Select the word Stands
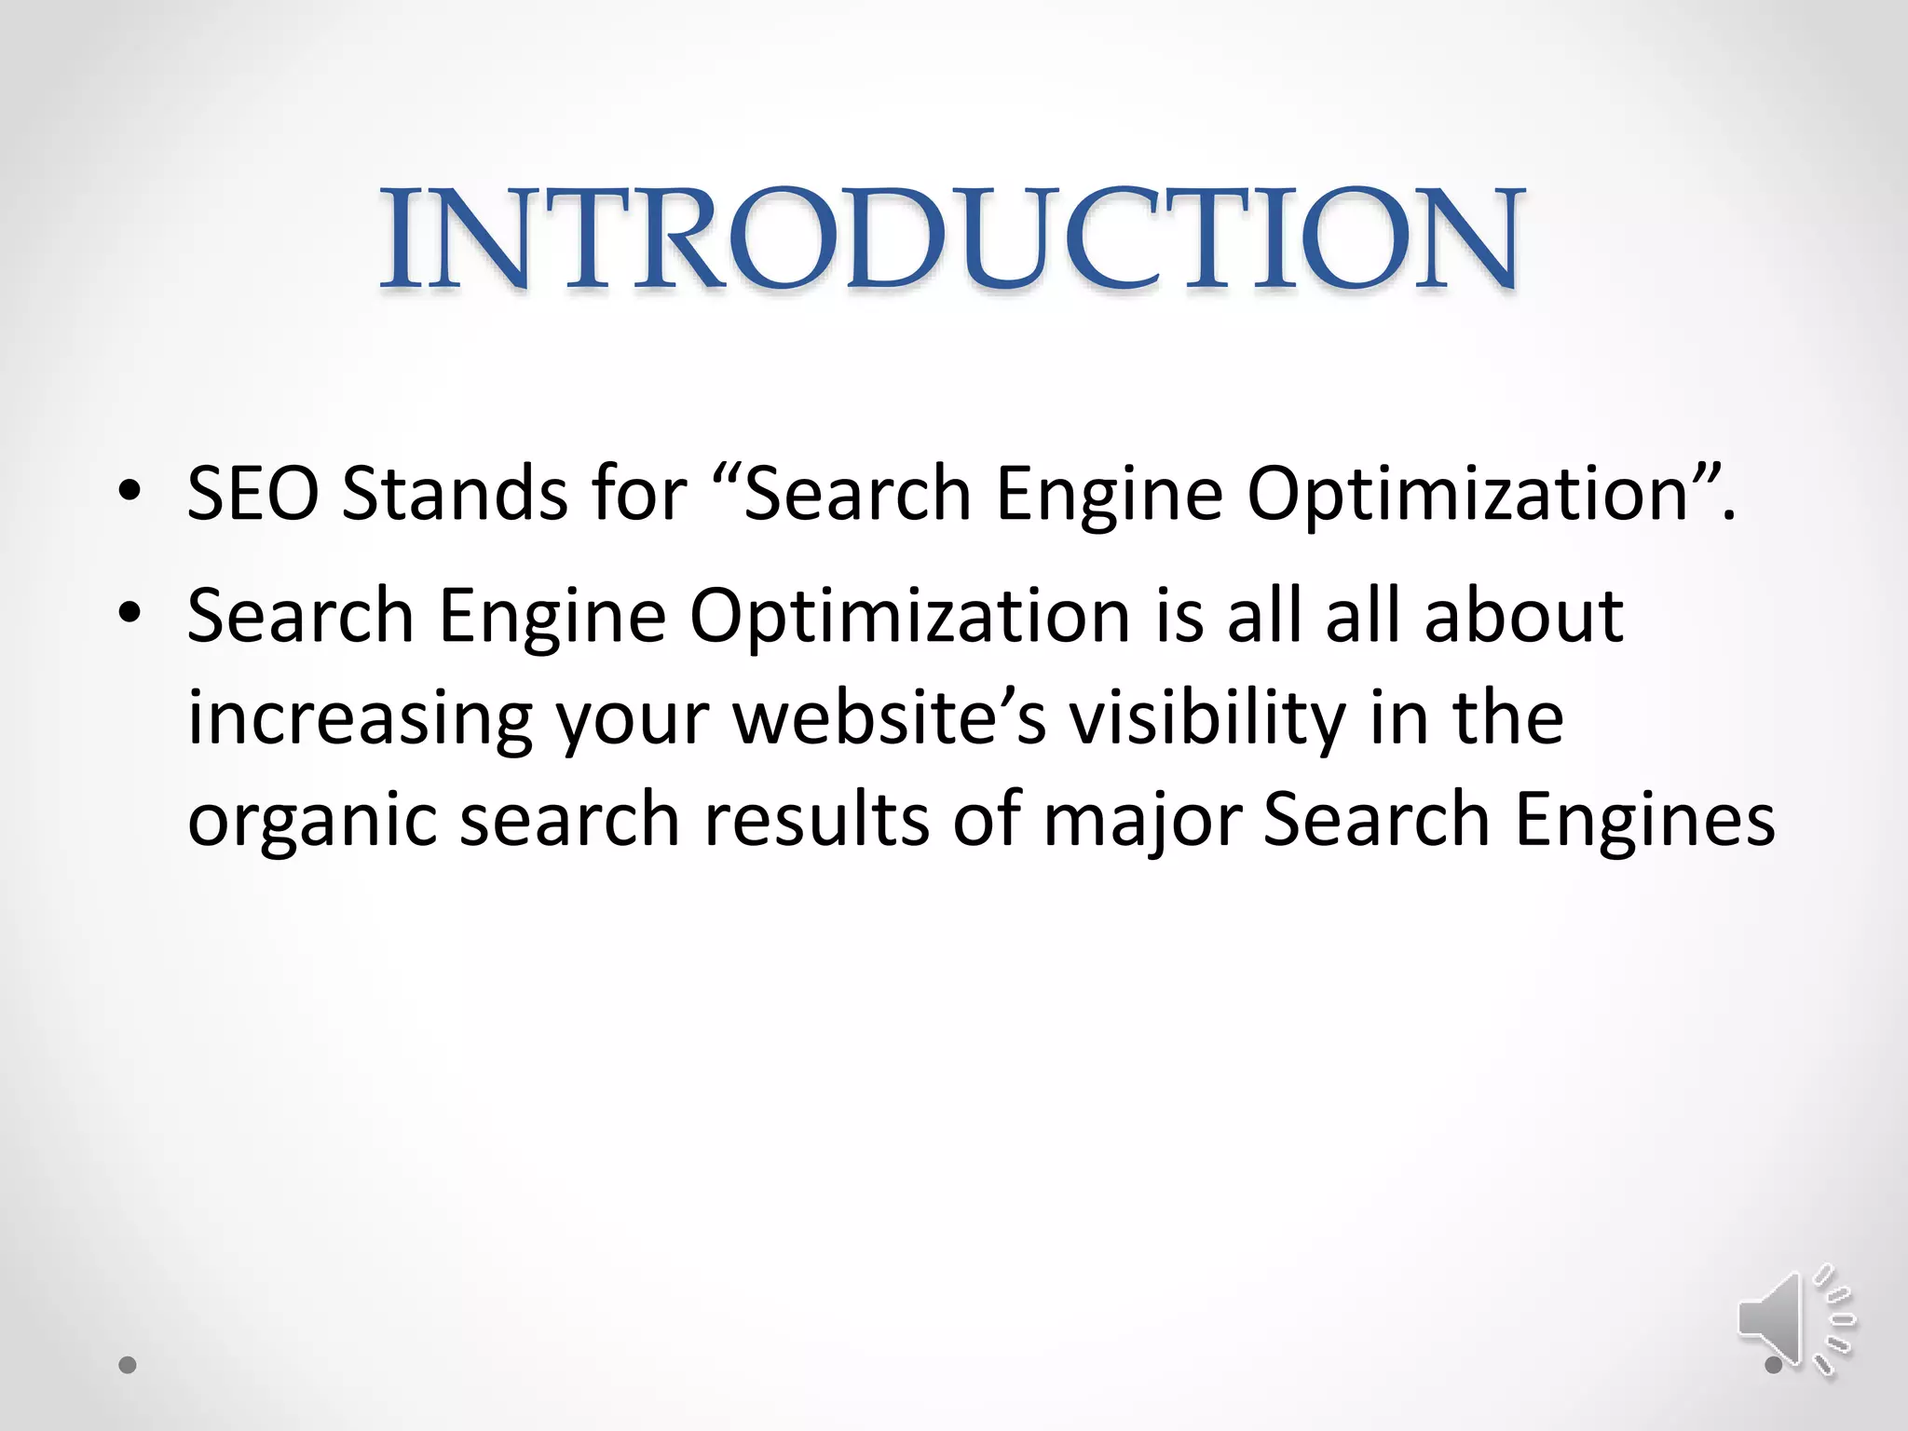click(x=455, y=493)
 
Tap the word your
click(x=634, y=719)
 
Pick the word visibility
click(x=1206, y=719)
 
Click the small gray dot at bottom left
click(x=129, y=1366)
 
